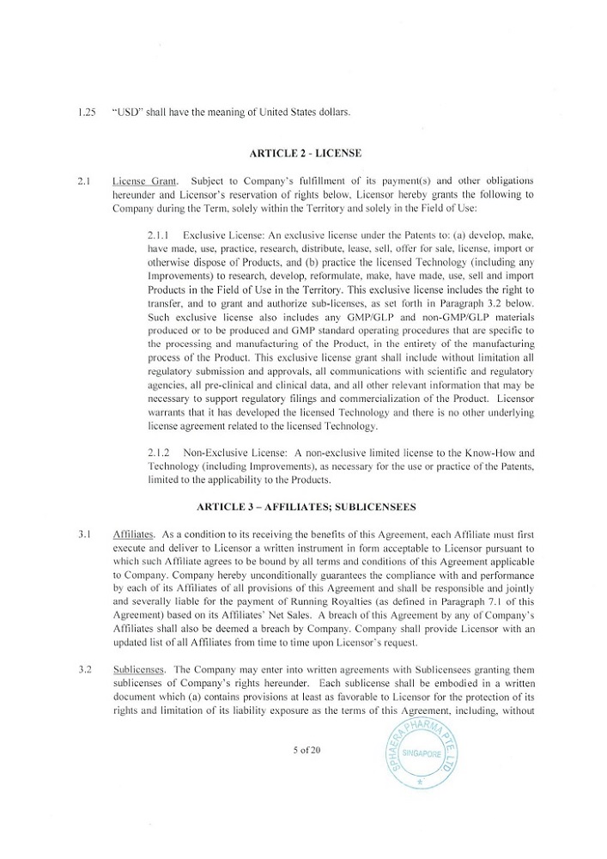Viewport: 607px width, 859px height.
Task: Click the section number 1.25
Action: (x=84, y=112)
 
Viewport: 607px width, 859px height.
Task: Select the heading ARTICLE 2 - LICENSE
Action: (x=304, y=153)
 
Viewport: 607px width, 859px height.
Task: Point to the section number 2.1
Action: (x=83, y=181)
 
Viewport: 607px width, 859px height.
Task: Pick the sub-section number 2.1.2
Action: (x=161, y=451)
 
